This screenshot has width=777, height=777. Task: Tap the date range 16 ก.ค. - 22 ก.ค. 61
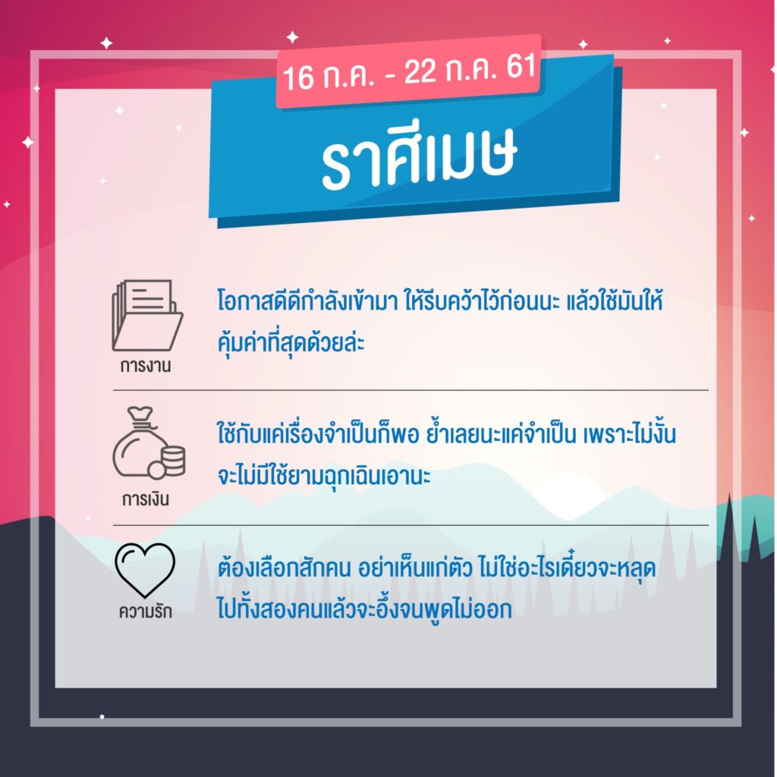[409, 72]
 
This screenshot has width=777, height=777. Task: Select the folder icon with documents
[147, 315]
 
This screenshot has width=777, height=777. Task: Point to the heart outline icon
[145, 570]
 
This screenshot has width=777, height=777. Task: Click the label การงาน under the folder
[146, 366]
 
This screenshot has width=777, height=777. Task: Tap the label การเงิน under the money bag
[146, 499]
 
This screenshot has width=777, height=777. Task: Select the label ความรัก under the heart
[145, 611]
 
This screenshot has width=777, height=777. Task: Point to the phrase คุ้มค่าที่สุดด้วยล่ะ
[291, 342]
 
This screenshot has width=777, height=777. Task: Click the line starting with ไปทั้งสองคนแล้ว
[364, 609]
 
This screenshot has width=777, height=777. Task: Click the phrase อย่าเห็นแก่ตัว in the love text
[415, 568]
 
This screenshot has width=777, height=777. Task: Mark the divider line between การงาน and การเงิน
[411, 390]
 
